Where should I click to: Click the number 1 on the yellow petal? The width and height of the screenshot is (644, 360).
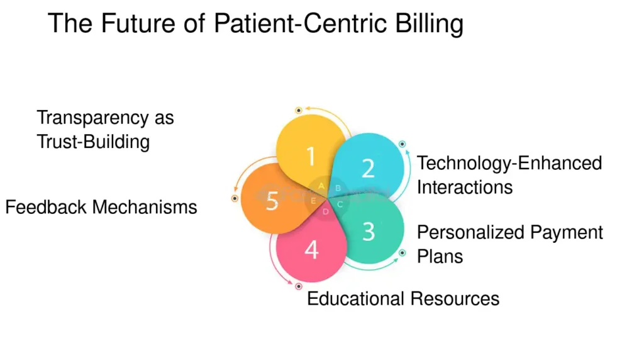(310, 155)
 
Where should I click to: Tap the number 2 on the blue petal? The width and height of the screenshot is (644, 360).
(369, 168)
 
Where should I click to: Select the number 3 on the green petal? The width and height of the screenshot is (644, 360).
(369, 231)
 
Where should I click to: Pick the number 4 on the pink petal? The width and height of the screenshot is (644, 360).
(312, 250)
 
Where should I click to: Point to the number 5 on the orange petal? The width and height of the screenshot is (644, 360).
(272, 201)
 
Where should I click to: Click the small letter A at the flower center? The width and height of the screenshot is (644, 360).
(321, 186)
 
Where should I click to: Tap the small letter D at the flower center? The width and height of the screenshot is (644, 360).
(325, 212)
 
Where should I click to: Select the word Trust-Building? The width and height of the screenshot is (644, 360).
(93, 141)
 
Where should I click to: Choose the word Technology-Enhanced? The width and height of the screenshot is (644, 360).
(509, 163)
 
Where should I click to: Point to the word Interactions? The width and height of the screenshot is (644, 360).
(465, 187)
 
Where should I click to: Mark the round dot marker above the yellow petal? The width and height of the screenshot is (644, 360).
(299, 110)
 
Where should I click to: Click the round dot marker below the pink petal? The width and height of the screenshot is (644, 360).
(299, 286)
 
